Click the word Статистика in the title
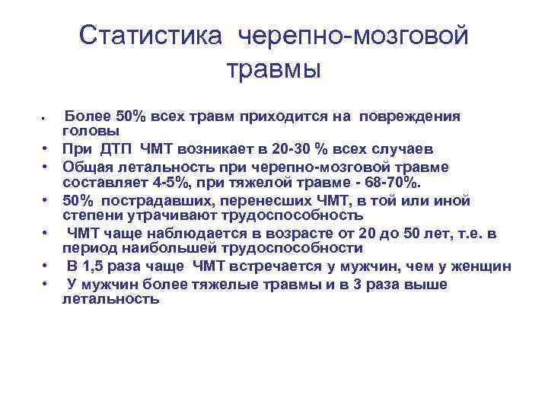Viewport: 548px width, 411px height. click(x=151, y=35)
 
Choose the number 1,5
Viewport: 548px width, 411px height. click(x=104, y=266)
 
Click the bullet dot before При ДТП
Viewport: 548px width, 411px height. click(x=46, y=149)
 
